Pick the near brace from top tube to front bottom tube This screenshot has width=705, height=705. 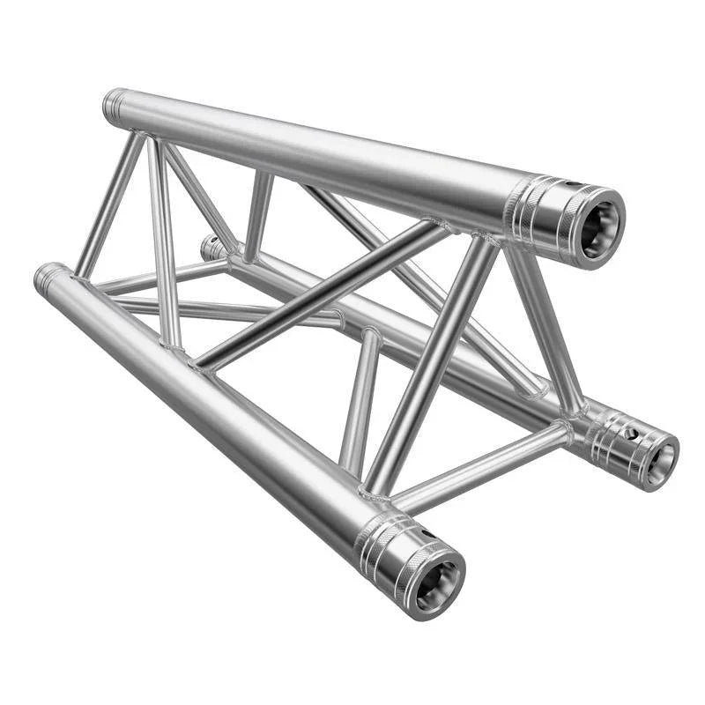(432, 361)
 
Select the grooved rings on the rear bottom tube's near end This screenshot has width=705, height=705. (608, 437)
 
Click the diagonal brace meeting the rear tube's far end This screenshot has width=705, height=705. (256, 216)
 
